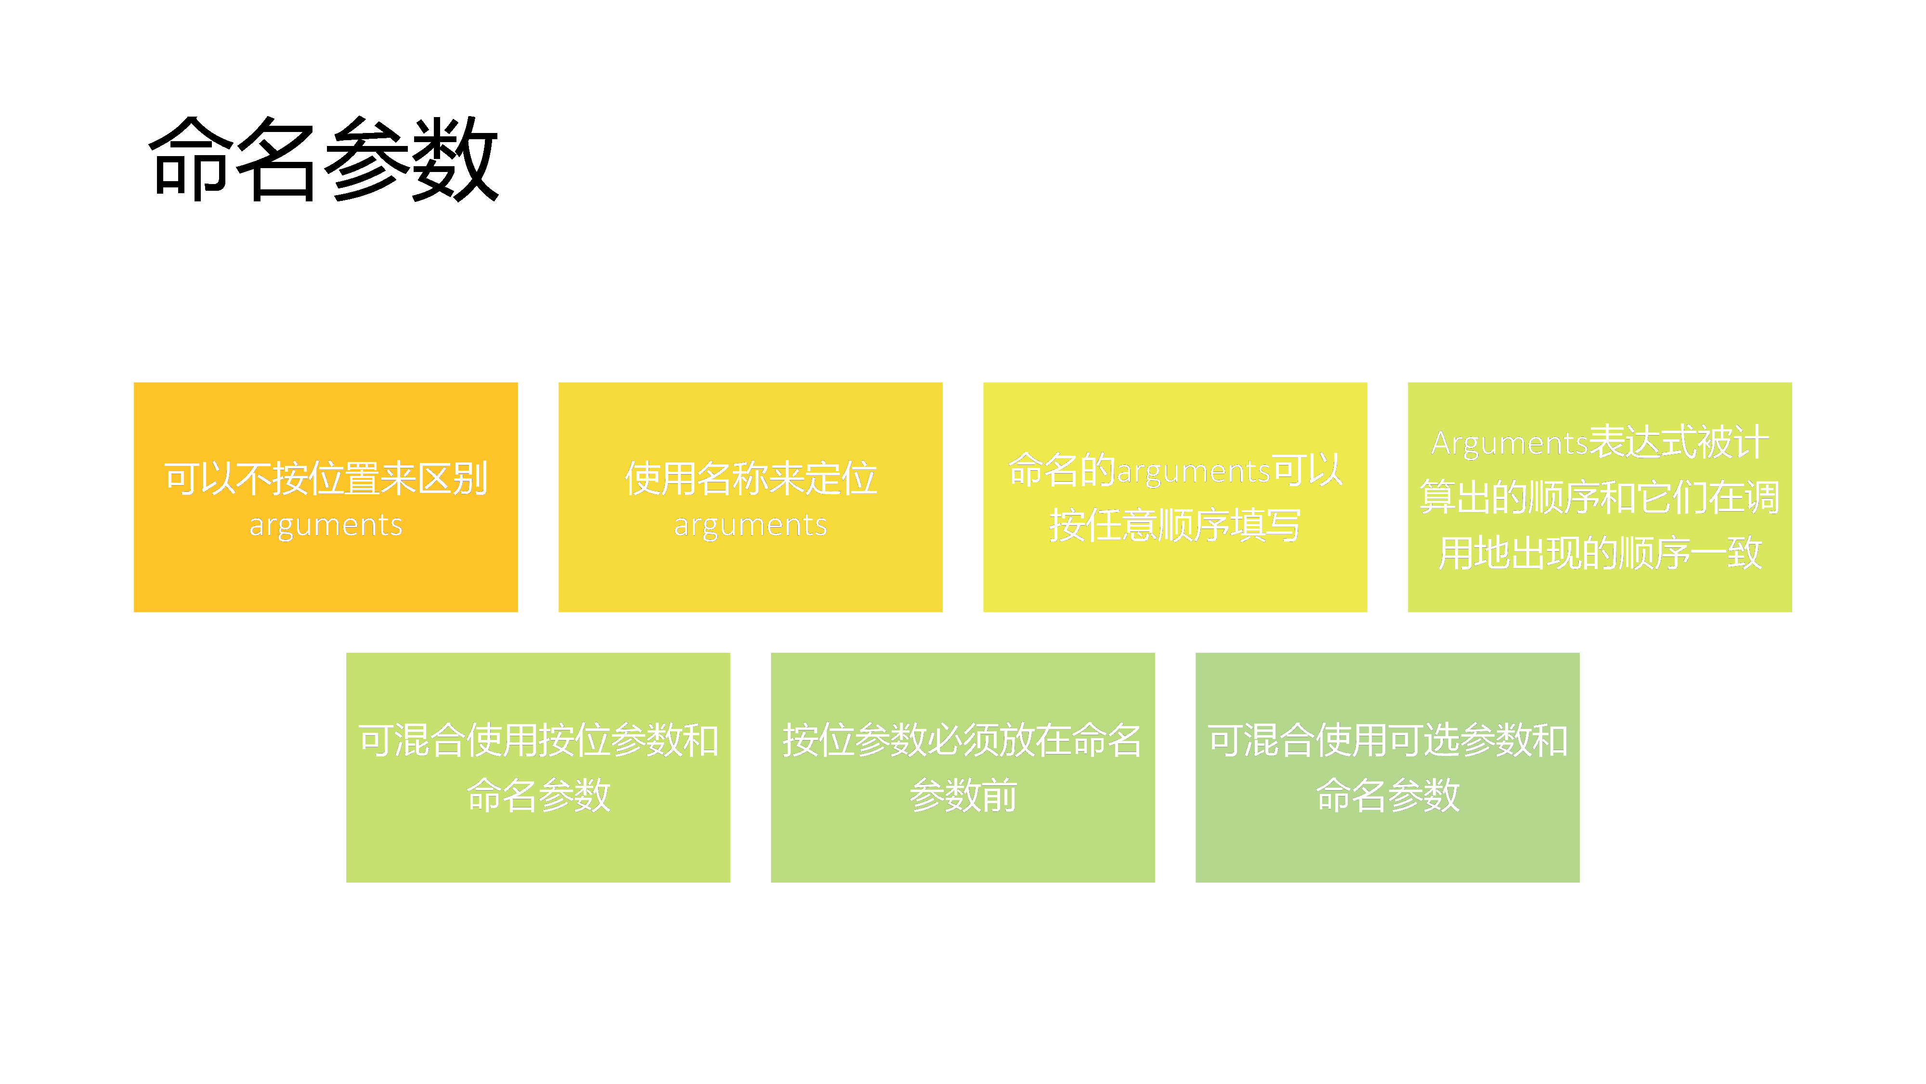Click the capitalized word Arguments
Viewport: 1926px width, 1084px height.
coord(1509,444)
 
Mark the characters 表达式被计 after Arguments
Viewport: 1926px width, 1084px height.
coord(1679,442)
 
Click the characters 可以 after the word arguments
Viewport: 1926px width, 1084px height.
coord(1307,471)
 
